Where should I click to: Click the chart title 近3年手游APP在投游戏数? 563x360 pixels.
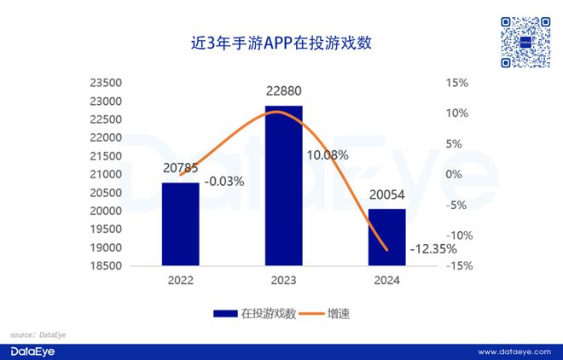coord(281,41)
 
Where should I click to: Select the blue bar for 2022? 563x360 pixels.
coord(180,224)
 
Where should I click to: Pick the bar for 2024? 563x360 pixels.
coord(386,237)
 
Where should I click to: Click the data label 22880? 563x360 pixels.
coord(283,90)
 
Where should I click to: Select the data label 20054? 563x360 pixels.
coord(386,195)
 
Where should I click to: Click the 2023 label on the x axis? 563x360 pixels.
coord(283,279)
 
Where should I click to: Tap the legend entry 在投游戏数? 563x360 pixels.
coord(254,314)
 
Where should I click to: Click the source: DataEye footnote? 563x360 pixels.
coord(38,335)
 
